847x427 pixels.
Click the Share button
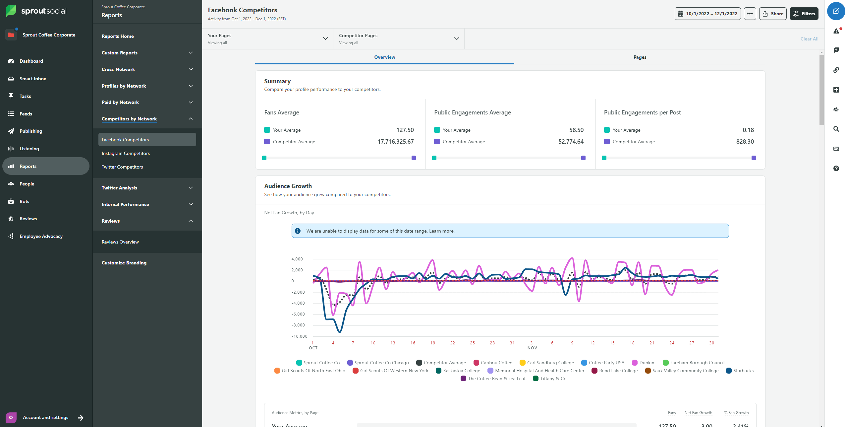(772, 14)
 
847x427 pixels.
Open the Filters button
(804, 14)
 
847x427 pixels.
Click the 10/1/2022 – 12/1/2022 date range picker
(707, 14)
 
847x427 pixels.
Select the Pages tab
(639, 57)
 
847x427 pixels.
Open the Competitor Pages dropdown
(398, 39)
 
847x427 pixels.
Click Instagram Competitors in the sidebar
(126, 153)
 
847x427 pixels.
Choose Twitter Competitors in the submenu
(122, 167)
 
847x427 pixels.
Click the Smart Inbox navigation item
(32, 79)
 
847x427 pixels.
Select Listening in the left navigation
(29, 149)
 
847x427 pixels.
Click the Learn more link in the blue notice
(441, 231)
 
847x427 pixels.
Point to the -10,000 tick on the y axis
(299, 336)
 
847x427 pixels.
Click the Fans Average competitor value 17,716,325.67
(395, 142)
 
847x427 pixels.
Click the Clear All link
(809, 39)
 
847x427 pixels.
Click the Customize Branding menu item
(124, 263)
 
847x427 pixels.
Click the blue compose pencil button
(836, 11)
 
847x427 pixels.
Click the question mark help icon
(836, 169)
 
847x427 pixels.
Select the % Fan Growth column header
(736, 413)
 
